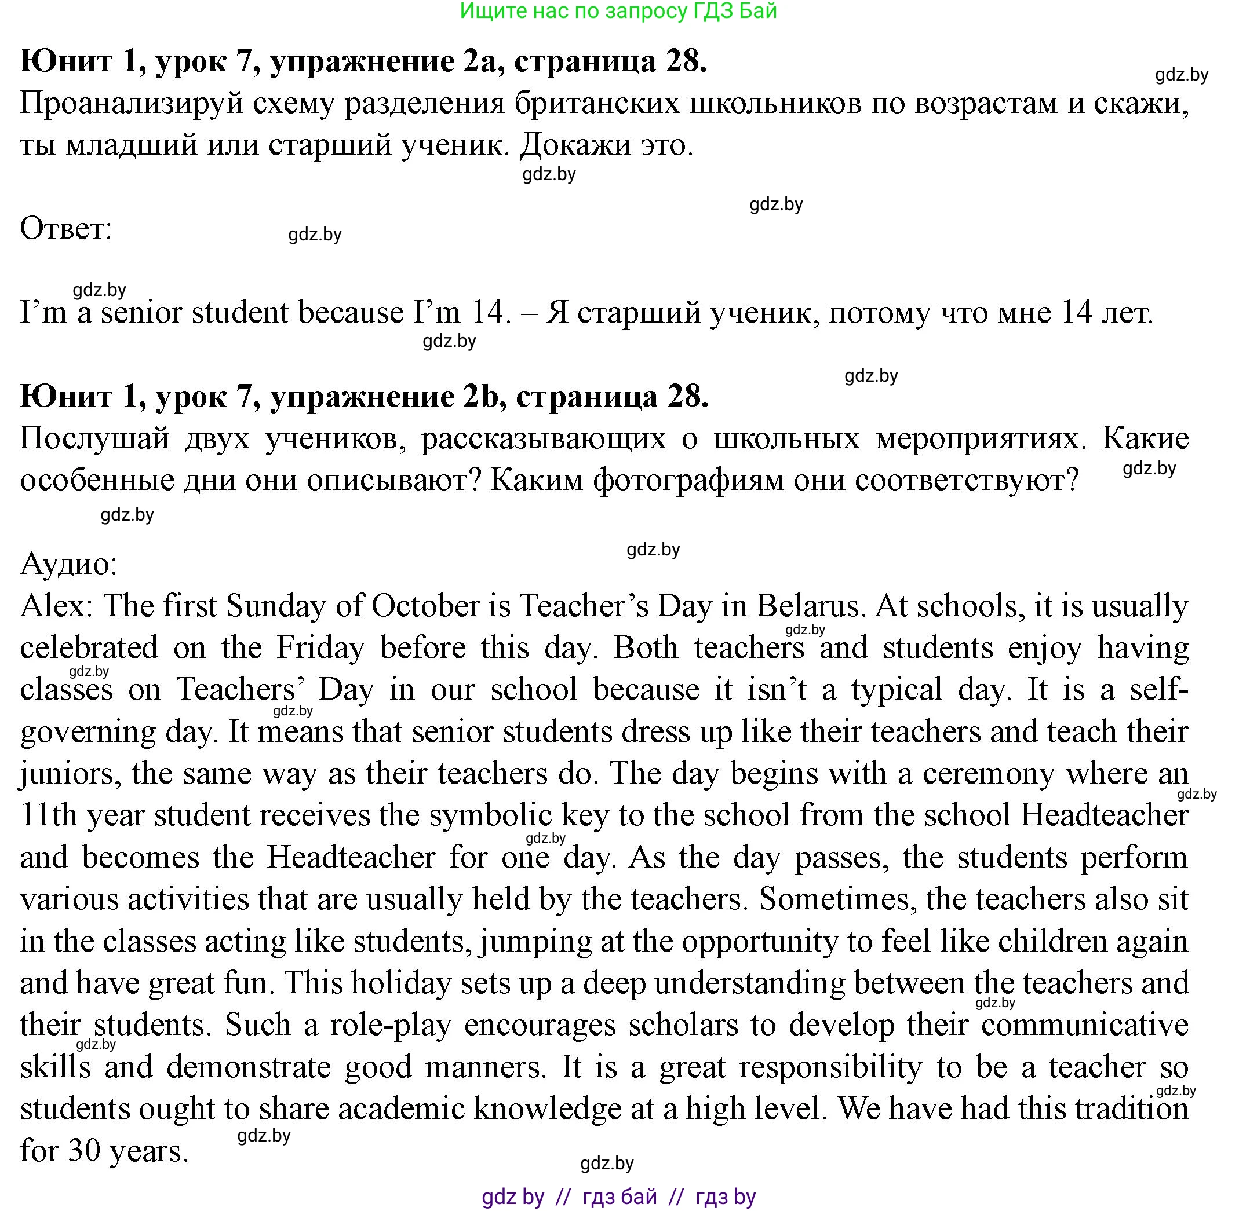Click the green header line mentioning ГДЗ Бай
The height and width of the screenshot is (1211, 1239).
coord(618,11)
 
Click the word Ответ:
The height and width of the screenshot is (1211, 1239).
coord(65,228)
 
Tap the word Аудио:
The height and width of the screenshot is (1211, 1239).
coord(69,564)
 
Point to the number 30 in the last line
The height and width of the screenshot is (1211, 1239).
coord(84,1151)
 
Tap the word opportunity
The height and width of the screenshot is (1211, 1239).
coord(753,941)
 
